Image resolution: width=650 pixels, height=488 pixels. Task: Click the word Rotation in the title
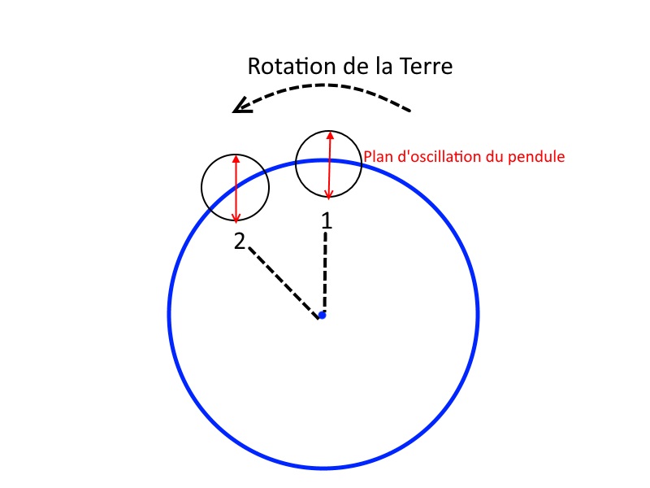(285, 67)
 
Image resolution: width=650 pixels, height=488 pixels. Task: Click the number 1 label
(327, 220)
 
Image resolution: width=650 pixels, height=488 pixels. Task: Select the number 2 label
(240, 242)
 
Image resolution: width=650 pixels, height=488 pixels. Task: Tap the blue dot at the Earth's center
(323, 315)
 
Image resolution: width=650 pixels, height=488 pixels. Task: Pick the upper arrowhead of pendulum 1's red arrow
(330, 136)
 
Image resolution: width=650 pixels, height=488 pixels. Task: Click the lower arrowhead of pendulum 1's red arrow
(328, 194)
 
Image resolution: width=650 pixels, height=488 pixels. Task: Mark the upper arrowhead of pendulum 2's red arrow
(236, 159)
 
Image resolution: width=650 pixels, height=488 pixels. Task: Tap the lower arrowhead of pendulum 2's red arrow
(236, 218)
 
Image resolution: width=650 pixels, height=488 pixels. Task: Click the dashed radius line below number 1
(325, 272)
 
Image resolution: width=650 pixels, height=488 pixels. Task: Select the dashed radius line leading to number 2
(283, 281)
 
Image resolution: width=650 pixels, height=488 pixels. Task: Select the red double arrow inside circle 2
(236, 189)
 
